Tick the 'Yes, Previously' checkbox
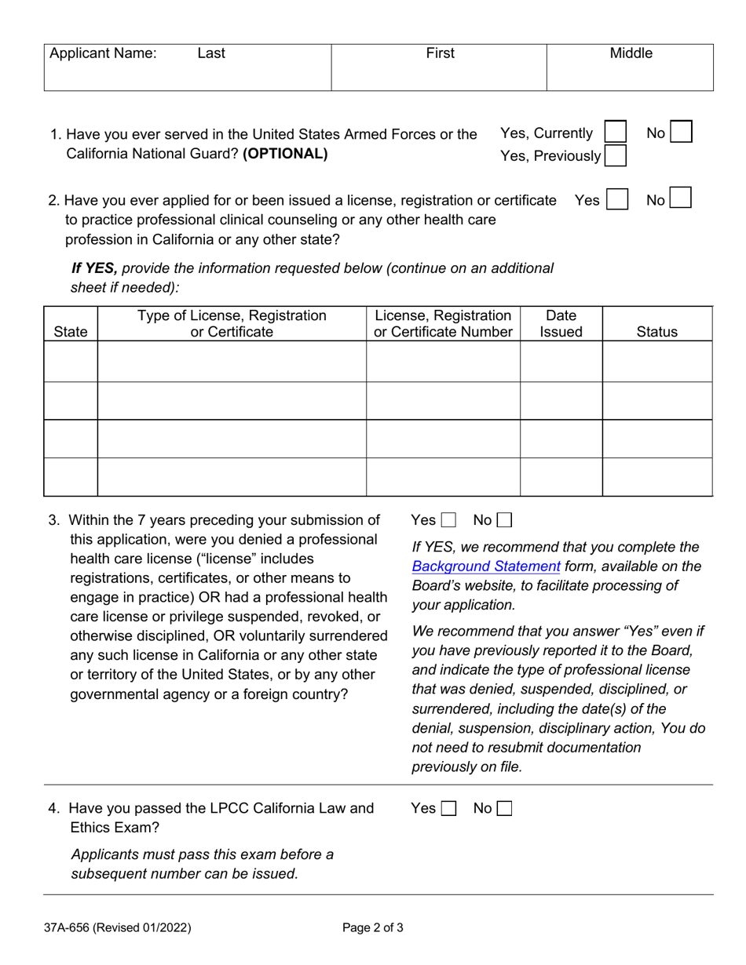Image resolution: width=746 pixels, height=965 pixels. click(615, 155)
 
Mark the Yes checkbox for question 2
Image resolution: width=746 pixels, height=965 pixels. click(617, 199)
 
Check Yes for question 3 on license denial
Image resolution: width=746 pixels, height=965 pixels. click(448, 520)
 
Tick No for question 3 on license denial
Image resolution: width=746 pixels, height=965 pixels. click(504, 520)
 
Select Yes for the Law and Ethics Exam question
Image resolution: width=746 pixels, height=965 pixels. click(448, 808)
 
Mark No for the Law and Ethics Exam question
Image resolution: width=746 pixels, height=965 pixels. click(504, 808)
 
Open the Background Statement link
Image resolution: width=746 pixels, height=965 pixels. click(486, 566)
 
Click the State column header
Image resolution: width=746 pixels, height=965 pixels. click(71, 332)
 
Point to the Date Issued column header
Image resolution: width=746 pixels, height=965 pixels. click(561, 323)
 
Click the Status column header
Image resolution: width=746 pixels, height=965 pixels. click(656, 332)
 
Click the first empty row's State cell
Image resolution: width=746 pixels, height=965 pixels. click(71, 362)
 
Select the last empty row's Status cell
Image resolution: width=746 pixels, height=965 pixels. click(656, 477)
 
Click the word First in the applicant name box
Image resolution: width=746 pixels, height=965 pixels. click(440, 53)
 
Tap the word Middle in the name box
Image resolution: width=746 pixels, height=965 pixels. click(631, 53)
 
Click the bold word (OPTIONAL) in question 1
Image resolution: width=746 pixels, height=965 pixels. click(285, 154)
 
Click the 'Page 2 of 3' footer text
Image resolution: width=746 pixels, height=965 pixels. click(373, 927)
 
